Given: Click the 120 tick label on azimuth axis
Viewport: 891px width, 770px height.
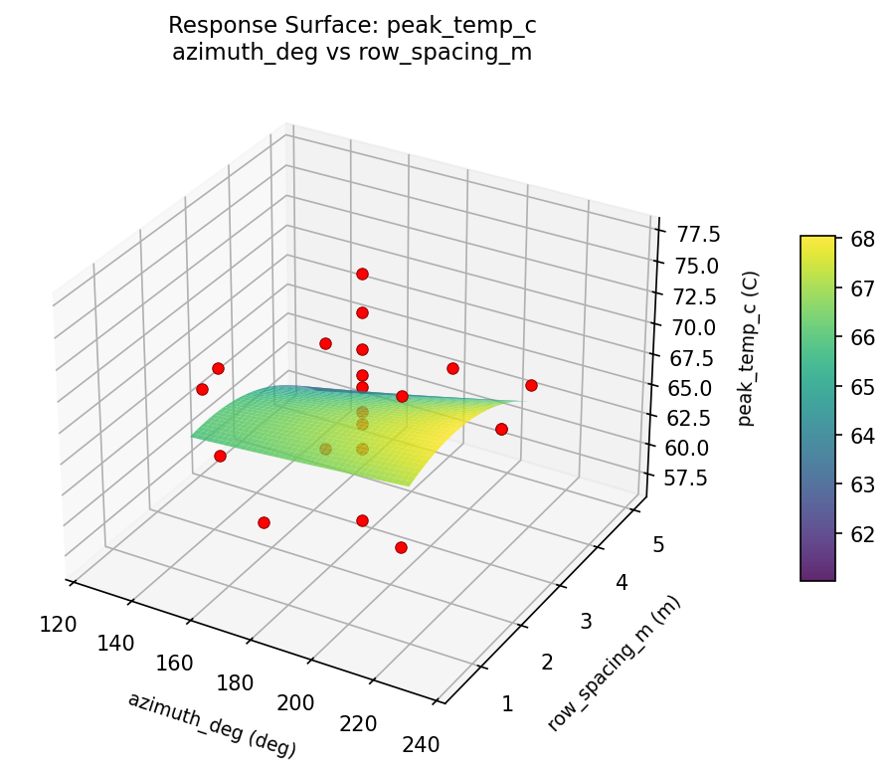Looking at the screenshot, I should pyautogui.click(x=61, y=624).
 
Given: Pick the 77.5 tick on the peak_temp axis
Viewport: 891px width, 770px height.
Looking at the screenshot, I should pyautogui.click(x=700, y=234).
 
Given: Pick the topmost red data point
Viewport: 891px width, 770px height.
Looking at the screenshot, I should pyautogui.click(x=362, y=274).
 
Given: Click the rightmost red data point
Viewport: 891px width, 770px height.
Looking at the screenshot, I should pyautogui.click(x=531, y=385).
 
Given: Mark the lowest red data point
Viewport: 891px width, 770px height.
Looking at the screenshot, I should pyautogui.click(x=401, y=547).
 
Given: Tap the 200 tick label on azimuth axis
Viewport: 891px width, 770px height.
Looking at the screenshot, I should pyautogui.click(x=296, y=702).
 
